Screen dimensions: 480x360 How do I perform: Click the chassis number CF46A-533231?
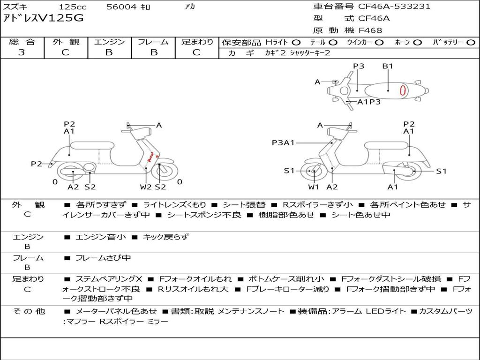[x=394, y=6]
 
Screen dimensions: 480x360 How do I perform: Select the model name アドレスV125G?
[x=43, y=18]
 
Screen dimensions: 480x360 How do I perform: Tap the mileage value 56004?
[x=121, y=7]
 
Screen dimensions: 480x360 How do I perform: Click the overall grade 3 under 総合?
[x=22, y=52]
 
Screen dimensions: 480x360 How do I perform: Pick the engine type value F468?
[x=370, y=30]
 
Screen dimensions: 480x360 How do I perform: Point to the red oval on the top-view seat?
[x=404, y=90]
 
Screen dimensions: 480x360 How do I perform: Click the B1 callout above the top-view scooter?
[x=388, y=66]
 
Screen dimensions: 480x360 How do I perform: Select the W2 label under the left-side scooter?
[x=146, y=187]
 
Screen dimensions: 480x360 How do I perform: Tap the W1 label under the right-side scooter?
[x=314, y=187]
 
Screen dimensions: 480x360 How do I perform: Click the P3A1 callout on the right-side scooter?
[x=283, y=142]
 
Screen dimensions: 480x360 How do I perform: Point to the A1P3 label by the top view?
[x=369, y=102]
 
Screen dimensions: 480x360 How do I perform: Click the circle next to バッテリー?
[x=471, y=43]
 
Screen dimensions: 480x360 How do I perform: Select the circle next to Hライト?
[x=296, y=43]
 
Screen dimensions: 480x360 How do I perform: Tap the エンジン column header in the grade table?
[x=109, y=42]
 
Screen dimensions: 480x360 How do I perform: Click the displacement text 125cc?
[x=73, y=7]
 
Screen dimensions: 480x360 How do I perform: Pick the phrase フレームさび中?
[x=103, y=258]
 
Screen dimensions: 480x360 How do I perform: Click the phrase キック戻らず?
[x=166, y=237]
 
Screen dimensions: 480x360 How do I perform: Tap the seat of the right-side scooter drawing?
[x=386, y=146]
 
